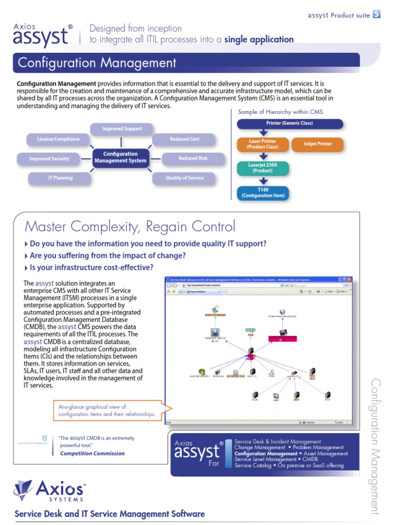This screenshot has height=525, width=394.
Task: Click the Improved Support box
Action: point(122,129)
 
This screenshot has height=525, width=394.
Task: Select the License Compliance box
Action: point(58,139)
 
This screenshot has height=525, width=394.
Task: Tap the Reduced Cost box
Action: point(185,139)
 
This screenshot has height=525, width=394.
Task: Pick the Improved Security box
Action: point(49,159)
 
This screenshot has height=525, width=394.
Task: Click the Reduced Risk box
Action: point(193,159)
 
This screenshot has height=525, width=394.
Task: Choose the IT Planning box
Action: point(61,178)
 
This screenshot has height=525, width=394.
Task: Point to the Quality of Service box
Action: point(184,178)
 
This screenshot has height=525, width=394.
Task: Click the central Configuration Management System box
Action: point(121,157)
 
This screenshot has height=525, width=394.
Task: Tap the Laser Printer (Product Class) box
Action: point(262,144)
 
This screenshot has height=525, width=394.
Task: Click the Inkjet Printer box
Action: point(318,144)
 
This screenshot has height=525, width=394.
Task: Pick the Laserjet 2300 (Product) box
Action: point(263,168)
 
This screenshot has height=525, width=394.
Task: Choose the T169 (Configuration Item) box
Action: point(263,193)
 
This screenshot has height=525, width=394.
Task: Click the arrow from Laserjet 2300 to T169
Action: point(263,181)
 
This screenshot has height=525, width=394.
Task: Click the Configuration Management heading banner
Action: point(186,63)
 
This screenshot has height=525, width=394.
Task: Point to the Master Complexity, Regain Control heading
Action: point(130,226)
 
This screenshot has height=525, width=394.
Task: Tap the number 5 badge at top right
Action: point(377,14)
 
